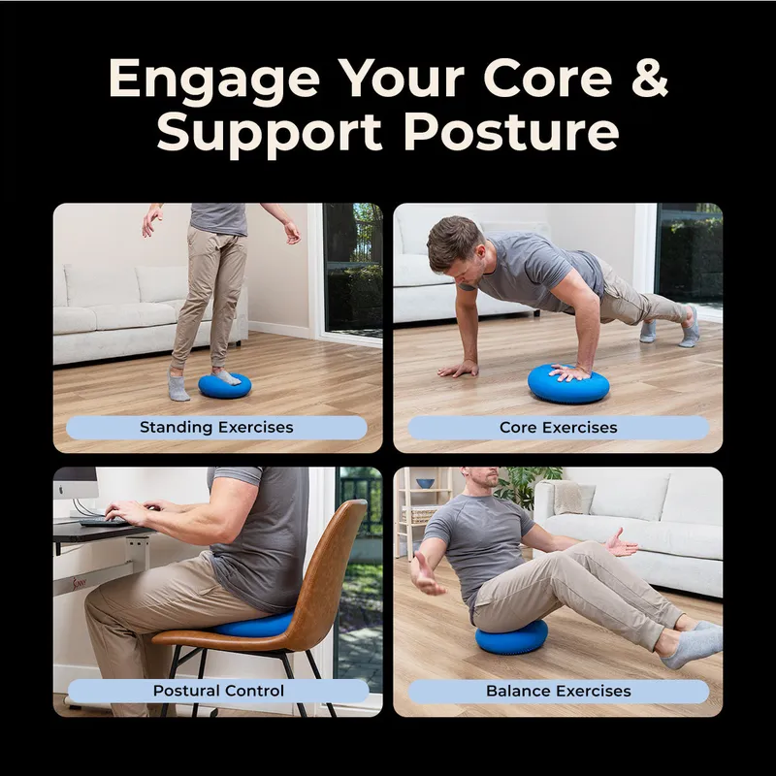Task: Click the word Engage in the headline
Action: pyautogui.click(x=214, y=81)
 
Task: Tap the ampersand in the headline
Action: pyautogui.click(x=650, y=78)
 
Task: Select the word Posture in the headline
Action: pyautogui.click(x=512, y=132)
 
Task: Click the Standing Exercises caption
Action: pyautogui.click(x=216, y=427)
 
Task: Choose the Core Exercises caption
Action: pyautogui.click(x=559, y=427)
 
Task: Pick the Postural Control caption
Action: pyautogui.click(x=218, y=691)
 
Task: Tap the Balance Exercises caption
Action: pyautogui.click(x=559, y=691)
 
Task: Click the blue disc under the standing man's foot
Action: pyautogui.click(x=225, y=385)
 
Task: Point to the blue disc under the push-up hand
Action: pyautogui.click(x=568, y=383)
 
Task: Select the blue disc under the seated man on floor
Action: pyautogui.click(x=511, y=637)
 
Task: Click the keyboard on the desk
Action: pyautogui.click(x=103, y=521)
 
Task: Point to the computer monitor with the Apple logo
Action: pyautogui.click(x=76, y=483)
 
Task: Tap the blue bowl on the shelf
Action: pyautogui.click(x=425, y=483)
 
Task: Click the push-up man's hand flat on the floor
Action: pyautogui.click(x=459, y=369)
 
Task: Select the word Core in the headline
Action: pyautogui.click(x=548, y=79)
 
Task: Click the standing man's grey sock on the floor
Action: pyautogui.click(x=178, y=386)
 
